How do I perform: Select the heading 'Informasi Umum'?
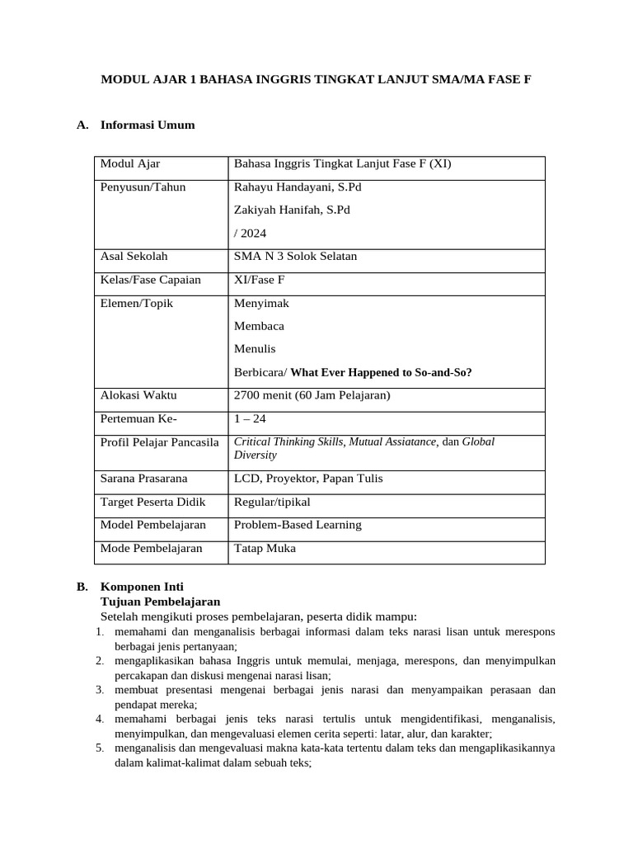[x=148, y=125]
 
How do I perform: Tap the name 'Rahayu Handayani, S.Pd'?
[x=298, y=186]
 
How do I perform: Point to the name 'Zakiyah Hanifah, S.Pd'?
[x=292, y=210]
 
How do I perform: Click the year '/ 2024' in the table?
[x=251, y=233]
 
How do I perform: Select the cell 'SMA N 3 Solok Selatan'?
[x=295, y=256]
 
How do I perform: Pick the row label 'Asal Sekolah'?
[x=134, y=256]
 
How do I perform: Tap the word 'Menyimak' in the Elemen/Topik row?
[x=261, y=303]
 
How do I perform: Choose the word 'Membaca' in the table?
[x=259, y=326]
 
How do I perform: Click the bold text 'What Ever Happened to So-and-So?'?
[x=381, y=372]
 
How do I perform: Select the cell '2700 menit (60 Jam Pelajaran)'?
[x=312, y=395]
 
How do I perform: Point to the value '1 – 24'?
[x=250, y=418]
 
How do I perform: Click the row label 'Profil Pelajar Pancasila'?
[x=159, y=441]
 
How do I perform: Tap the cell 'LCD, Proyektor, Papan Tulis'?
[x=308, y=478]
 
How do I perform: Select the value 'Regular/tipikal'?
[x=272, y=502]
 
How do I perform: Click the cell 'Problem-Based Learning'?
[x=298, y=525]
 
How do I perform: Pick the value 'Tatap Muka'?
[x=265, y=548]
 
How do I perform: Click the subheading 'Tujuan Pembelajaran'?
[x=160, y=602]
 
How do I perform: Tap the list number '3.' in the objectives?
[x=99, y=689]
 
